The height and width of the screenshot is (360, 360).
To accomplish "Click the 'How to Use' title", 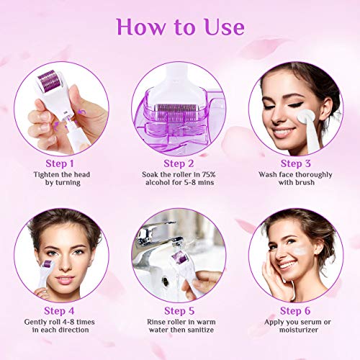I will click(x=180, y=27).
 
